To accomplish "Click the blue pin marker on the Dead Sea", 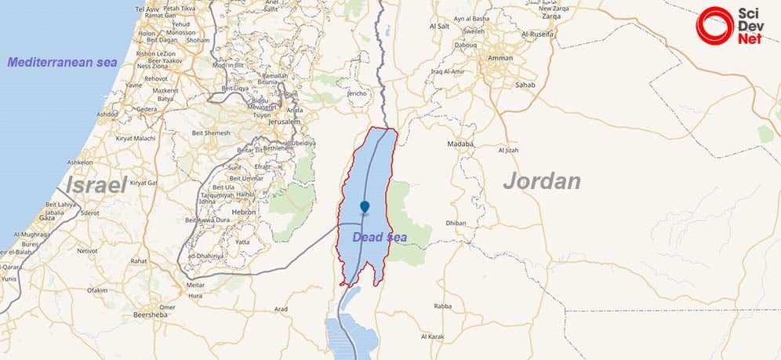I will pos(365,207).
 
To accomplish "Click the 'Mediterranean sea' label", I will pos(62,62).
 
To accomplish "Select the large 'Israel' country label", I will pos(96,185).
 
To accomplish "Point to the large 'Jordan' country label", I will pos(542,181).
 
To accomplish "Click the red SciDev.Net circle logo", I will pos(713,24).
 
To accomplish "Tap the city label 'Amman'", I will pos(500,58).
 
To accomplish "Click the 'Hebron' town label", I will pos(244,212).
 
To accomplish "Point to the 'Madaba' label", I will pos(460,144).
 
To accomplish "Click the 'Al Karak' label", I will pos(433,336).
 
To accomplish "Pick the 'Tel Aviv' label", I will pos(147,9).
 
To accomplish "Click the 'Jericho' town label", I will pos(357,93).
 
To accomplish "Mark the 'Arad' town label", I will pos(281,309).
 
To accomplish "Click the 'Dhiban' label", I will pos(456,224).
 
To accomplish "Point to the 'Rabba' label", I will pos(442,307).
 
